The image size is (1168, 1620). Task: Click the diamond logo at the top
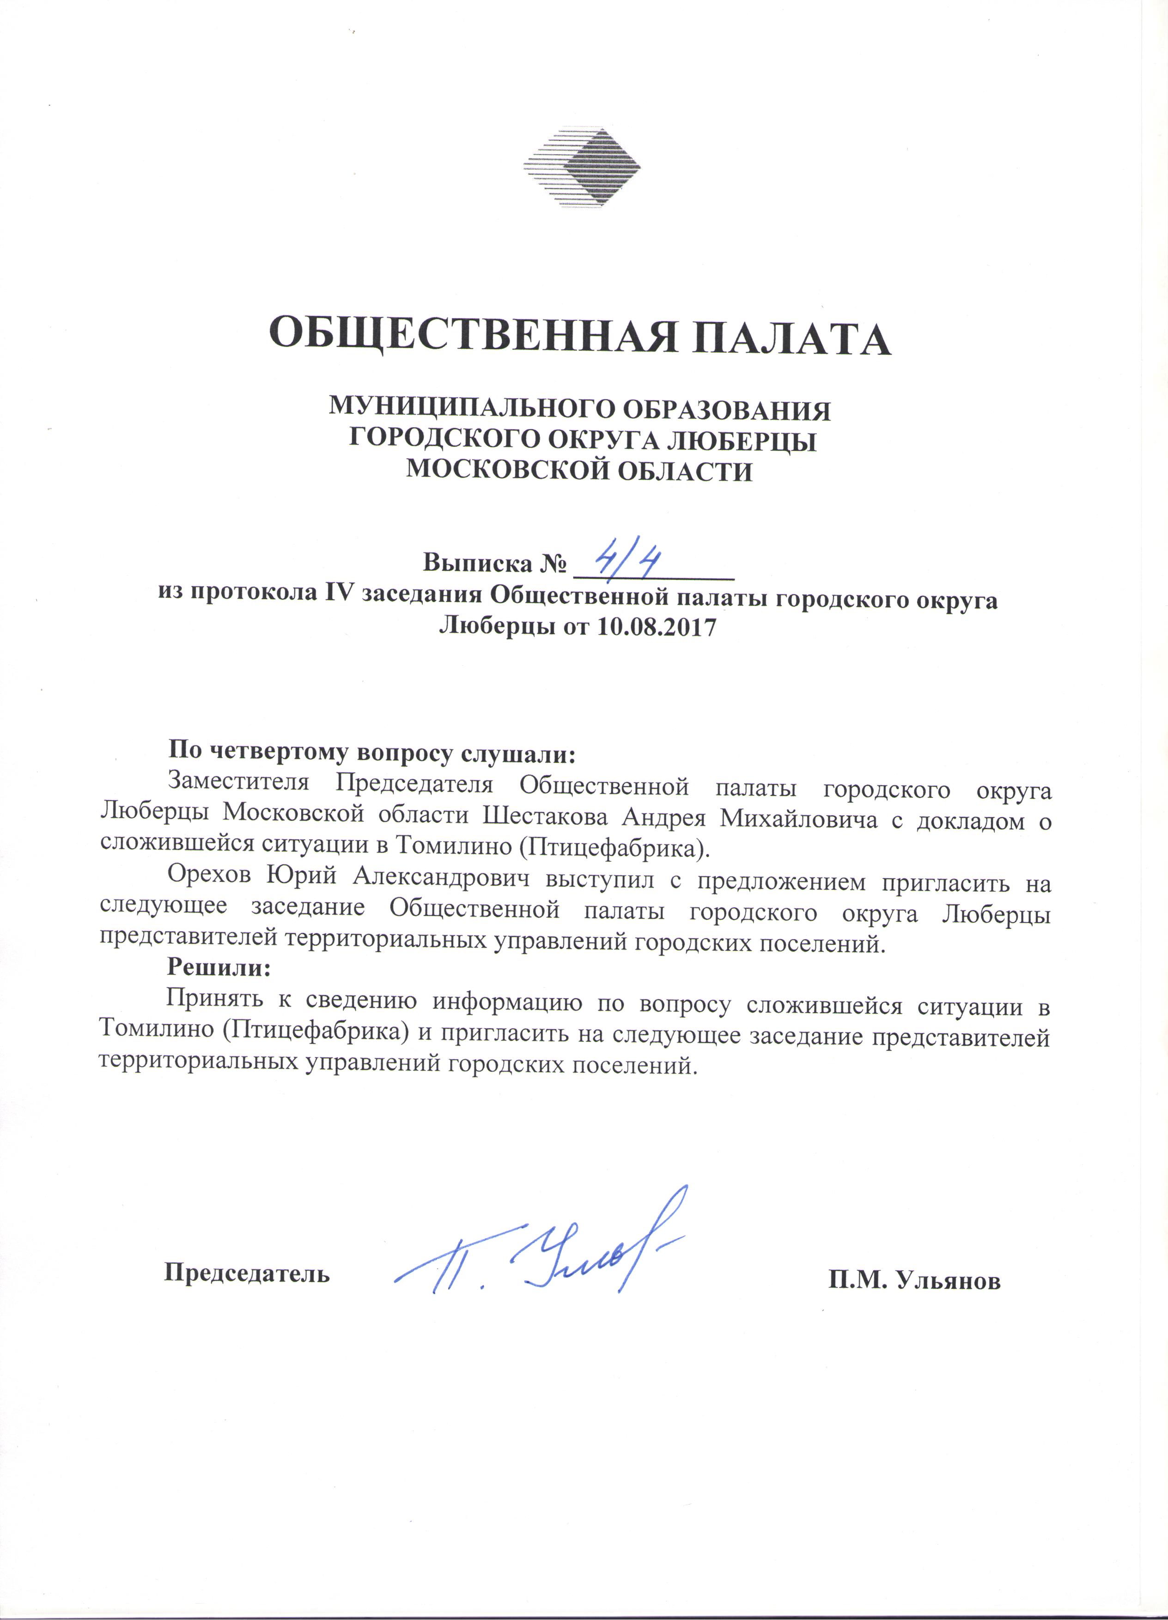tap(582, 169)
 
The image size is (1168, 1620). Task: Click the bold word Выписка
tap(478, 564)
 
